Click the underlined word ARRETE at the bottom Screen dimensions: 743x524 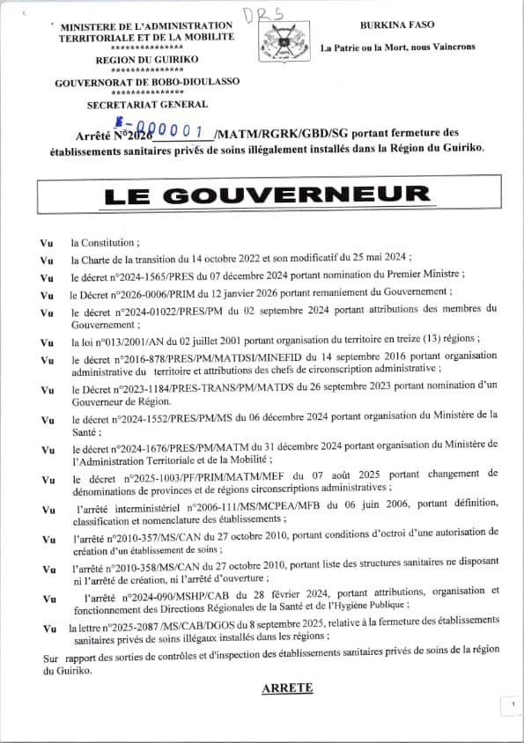[287, 689]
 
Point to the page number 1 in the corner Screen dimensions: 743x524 [512, 705]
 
